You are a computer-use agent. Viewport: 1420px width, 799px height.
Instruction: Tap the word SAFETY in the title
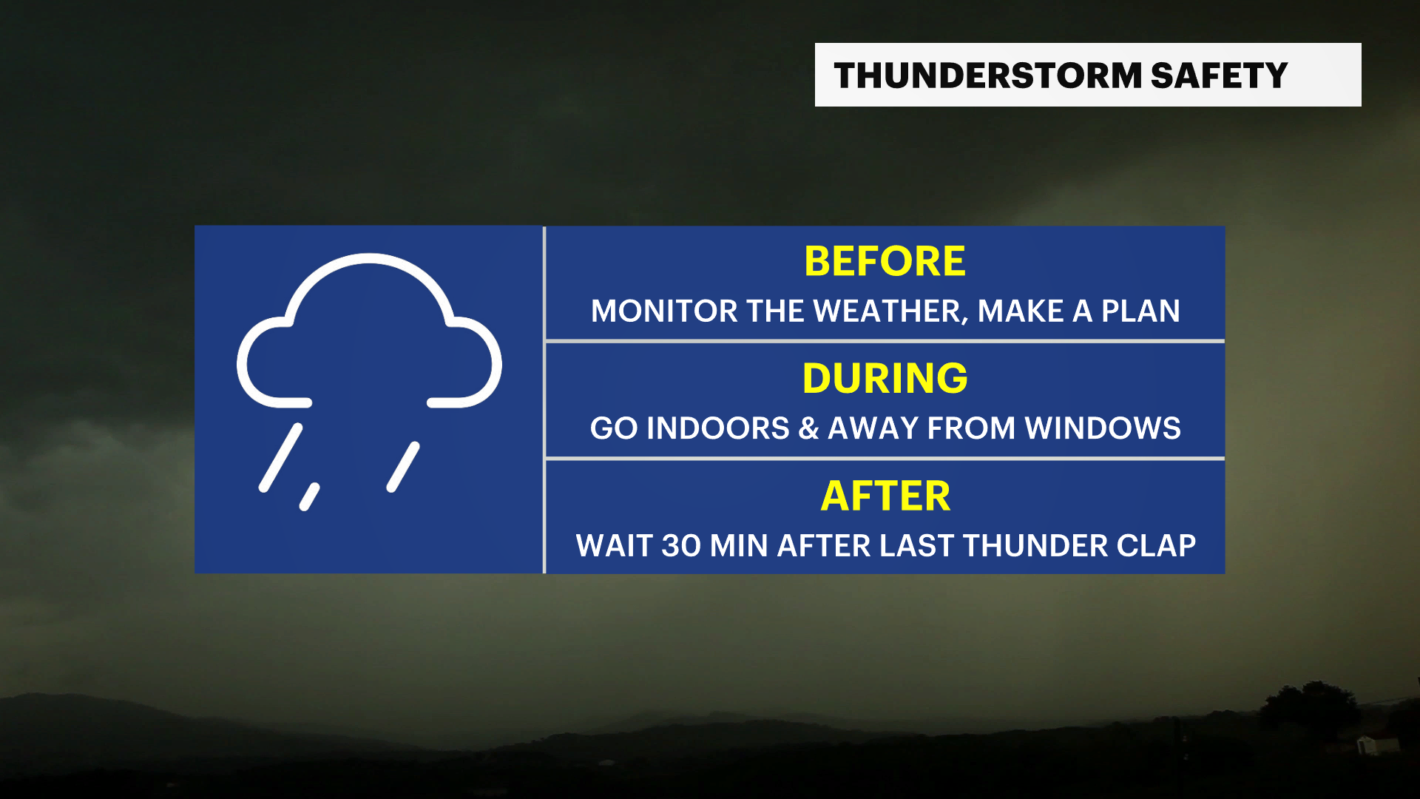point(1219,75)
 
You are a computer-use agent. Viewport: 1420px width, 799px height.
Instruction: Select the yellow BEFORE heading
point(885,261)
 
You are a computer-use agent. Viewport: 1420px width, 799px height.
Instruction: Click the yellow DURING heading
point(885,378)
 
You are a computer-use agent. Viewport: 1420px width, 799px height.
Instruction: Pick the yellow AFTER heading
point(885,496)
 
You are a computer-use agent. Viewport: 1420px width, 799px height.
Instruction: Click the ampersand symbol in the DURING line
point(808,428)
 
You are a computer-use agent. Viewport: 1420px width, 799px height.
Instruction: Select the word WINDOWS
point(1103,428)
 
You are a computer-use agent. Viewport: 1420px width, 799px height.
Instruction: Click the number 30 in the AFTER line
point(681,546)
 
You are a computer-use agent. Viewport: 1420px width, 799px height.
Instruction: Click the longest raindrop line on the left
point(280,457)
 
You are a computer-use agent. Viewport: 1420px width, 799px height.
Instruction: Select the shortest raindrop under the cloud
point(309,496)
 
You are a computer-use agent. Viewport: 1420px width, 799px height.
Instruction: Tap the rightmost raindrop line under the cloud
point(403,467)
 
